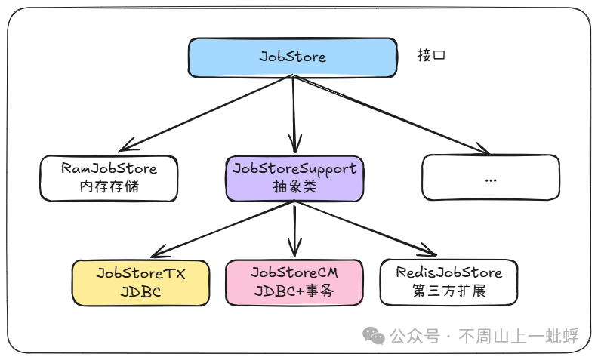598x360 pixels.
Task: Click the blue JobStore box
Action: (x=292, y=57)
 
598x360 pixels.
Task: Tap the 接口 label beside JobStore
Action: (x=431, y=55)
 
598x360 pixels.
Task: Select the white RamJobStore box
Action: (x=109, y=178)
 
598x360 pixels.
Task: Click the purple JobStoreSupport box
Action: (x=294, y=178)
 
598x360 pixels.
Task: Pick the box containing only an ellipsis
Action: (x=491, y=178)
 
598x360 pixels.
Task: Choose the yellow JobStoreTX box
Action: (x=140, y=282)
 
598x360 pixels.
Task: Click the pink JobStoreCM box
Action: (x=294, y=282)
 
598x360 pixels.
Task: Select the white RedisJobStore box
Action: (x=448, y=282)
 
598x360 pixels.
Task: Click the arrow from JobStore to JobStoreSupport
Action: (x=294, y=113)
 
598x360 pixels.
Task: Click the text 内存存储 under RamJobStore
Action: (x=109, y=187)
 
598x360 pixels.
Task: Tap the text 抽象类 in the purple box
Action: (x=294, y=187)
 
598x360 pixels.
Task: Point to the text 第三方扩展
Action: (x=448, y=292)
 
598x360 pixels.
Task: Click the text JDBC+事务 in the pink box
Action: (x=294, y=292)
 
